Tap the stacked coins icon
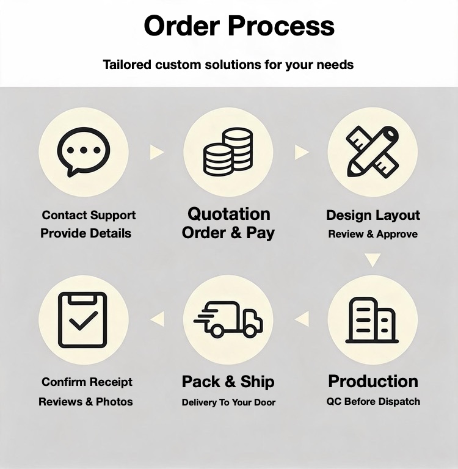tap(228, 151)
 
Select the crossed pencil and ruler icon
tap(373, 152)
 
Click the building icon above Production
tap(372, 320)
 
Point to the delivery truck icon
tap(228, 319)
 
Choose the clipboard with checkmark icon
tap(82, 320)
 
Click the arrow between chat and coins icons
tap(157, 152)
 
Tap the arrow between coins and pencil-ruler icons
tap(302, 152)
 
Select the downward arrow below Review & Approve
tap(373, 260)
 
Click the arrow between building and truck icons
tap(302, 319)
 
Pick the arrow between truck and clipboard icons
tap(158, 319)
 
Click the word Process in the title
tap(281, 26)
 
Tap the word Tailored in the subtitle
tap(127, 65)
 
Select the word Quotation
tap(229, 214)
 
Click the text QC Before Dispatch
tap(373, 401)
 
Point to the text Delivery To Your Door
tap(228, 402)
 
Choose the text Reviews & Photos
tap(85, 402)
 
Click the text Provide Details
tap(86, 233)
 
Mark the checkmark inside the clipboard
tap(84, 321)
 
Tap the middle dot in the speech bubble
tap(84, 150)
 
